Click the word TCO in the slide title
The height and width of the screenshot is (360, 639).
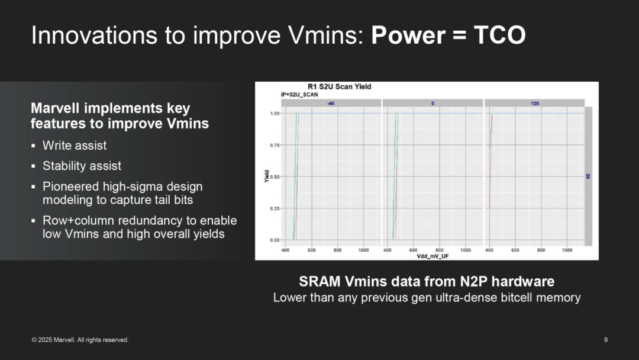499,35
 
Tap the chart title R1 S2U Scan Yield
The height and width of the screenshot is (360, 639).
339,86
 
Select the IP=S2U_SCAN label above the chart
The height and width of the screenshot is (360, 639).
299,95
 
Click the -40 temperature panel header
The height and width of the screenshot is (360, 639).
331,104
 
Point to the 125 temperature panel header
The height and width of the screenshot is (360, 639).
535,104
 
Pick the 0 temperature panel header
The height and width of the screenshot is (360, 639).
433,104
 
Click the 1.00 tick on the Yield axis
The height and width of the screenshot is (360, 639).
275,113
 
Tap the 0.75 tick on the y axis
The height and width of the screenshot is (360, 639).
275,145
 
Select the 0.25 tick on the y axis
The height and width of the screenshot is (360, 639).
275,208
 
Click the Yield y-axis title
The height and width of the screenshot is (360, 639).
266,176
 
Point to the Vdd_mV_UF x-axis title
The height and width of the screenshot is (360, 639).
433,256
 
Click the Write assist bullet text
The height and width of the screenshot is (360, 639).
75,146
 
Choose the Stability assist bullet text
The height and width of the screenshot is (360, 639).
82,166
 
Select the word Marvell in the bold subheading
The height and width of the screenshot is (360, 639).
55,108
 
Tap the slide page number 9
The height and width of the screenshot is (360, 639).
606,340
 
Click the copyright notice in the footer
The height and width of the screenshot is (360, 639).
80,340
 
